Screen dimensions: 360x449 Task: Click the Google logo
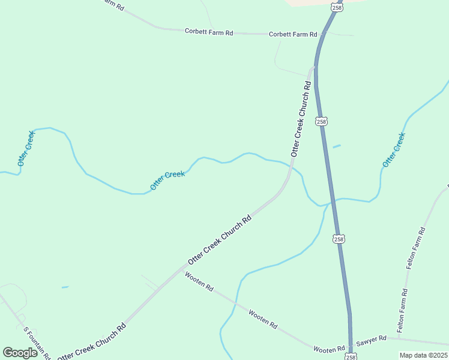(x=20, y=353)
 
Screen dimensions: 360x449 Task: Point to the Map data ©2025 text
(x=423, y=355)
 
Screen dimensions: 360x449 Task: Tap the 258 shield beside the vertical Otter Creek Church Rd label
(x=322, y=121)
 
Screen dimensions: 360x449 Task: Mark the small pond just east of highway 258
(x=337, y=146)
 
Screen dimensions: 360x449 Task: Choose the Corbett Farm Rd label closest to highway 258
(x=292, y=35)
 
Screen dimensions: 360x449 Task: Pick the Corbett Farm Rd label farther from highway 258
(x=208, y=32)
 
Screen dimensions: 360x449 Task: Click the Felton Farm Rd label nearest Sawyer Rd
(x=402, y=311)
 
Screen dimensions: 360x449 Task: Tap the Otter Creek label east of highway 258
(x=394, y=149)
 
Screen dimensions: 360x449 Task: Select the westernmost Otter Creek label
(x=26, y=148)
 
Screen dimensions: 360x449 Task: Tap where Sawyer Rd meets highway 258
(x=350, y=338)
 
